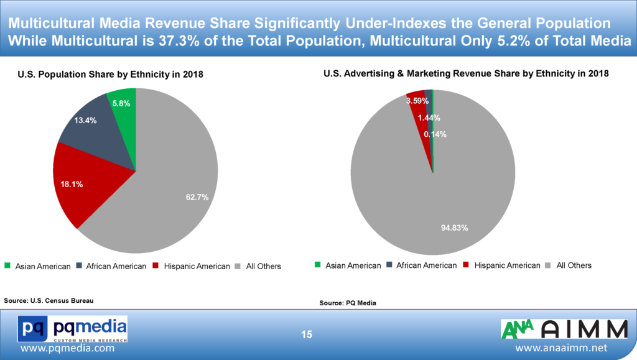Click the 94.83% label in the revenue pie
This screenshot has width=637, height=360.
pos(454,228)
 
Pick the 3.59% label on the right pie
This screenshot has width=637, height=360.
pos(417,101)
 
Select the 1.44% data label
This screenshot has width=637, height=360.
pos(429,118)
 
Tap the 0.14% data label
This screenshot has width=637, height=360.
pos(435,134)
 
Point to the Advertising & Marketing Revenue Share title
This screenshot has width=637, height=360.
pos(466,73)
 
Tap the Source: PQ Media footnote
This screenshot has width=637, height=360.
pos(348,303)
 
